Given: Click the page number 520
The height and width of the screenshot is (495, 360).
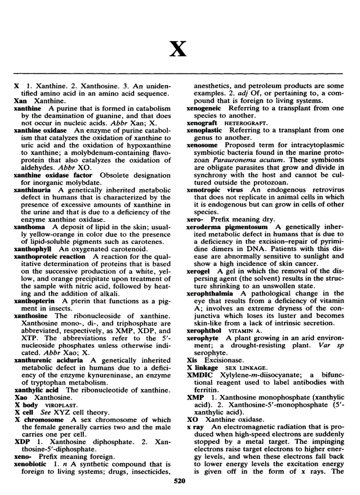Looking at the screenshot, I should [180, 481].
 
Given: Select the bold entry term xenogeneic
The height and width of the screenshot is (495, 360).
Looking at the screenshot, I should [205, 108].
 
